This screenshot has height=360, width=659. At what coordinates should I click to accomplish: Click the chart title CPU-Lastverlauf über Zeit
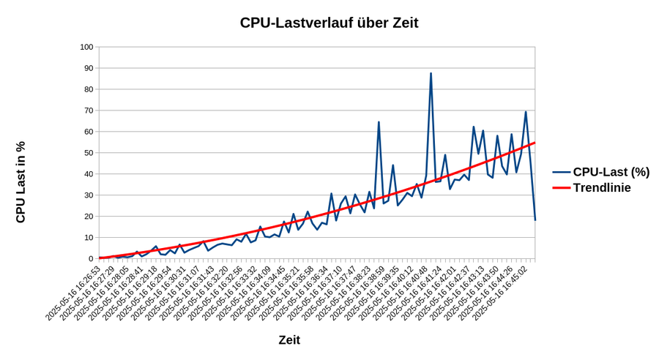[329, 23]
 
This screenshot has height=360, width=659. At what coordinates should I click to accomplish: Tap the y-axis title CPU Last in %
[21, 182]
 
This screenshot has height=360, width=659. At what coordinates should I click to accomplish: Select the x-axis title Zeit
[289, 340]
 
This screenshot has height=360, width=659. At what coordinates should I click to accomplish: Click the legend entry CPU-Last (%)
[611, 172]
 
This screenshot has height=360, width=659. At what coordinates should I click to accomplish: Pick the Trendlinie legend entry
[601, 188]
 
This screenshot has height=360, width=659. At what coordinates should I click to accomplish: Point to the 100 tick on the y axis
[86, 47]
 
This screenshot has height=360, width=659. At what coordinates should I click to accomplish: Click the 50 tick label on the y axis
[89, 153]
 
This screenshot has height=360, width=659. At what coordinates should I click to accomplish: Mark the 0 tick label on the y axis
[91, 259]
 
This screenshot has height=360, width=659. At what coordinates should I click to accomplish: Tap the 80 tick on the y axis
[89, 89]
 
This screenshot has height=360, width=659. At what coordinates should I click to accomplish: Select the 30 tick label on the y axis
[89, 195]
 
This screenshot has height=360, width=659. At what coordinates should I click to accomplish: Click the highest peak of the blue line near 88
[431, 73]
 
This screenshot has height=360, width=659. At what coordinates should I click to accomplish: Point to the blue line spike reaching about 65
[379, 122]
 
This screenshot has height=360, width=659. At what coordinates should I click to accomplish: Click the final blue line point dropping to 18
[535, 220]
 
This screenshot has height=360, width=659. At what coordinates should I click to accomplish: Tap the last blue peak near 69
[526, 112]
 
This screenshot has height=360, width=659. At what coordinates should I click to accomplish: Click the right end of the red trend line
[535, 143]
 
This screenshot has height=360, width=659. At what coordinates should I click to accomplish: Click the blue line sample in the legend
[561, 172]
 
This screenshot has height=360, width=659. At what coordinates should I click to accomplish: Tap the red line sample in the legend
[561, 188]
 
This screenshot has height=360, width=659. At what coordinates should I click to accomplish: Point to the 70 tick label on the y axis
[89, 110]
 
